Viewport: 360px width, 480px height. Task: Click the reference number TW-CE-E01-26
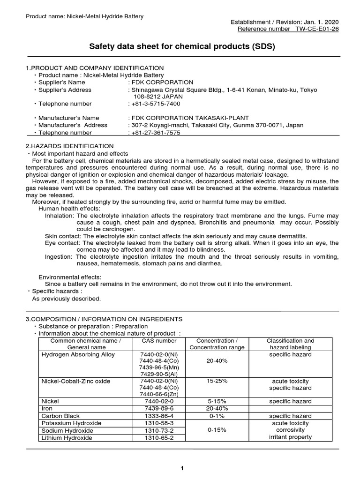pyautogui.click(x=317, y=29)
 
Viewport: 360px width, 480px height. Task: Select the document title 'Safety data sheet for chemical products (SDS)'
pyautogui.click(x=182, y=47)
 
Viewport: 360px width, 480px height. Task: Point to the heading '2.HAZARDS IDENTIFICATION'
pyautogui.click(x=69, y=146)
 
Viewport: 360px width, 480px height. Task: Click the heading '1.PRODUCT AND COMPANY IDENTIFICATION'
pyautogui.click(x=95, y=68)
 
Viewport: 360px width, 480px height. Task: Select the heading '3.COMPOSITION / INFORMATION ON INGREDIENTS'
pyautogui.click(x=104, y=319)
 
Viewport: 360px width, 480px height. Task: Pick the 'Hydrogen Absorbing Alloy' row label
pyautogui.click(x=78, y=354)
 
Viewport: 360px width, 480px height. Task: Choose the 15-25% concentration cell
pyautogui.click(x=217, y=381)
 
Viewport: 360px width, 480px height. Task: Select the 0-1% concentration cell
pyautogui.click(x=217, y=416)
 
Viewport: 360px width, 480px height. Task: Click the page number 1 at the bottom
pyautogui.click(x=182, y=468)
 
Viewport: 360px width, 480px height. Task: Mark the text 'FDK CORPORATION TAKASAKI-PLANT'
pyautogui.click(x=190, y=118)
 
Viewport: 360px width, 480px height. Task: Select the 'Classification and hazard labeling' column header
pyautogui.click(x=290, y=344)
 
